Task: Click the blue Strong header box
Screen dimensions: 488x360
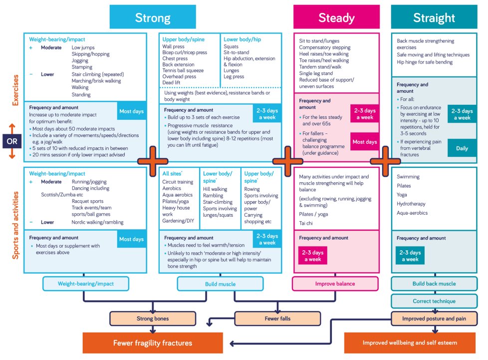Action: coord(153,17)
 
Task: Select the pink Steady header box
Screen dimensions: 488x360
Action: coord(336,17)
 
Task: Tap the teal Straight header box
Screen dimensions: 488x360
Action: coord(434,17)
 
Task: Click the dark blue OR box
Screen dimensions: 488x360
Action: coord(12,141)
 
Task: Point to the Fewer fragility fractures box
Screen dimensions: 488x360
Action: coord(153,343)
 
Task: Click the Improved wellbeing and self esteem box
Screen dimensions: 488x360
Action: coord(410,343)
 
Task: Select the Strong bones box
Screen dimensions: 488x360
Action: coord(153,319)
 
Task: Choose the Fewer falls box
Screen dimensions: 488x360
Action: coord(277,319)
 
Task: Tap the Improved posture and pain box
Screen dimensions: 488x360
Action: coord(434,319)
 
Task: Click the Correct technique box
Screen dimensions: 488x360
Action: coord(434,301)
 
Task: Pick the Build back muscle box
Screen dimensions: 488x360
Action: coord(434,284)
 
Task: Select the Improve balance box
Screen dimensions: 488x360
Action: coord(335,284)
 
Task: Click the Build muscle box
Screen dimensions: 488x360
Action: coord(221,284)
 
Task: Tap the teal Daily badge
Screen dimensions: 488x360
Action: coord(462,148)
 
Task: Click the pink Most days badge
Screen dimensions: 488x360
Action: coord(364,142)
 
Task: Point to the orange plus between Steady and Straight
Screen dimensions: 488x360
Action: coord(385,161)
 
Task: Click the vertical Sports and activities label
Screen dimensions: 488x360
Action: coord(15,225)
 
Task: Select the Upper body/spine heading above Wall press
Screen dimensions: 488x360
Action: coord(183,39)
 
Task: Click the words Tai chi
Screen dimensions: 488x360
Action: coord(305,223)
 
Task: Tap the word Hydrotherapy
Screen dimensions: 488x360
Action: coord(411,204)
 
